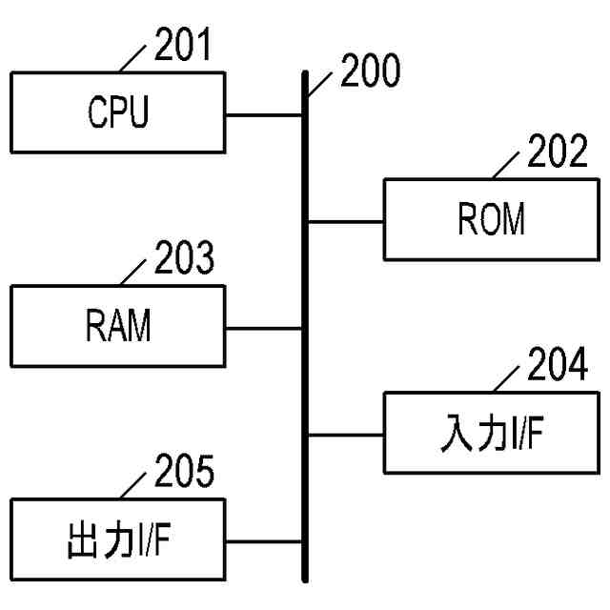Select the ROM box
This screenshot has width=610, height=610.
tap(490, 220)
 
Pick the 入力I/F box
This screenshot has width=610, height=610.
tap(490, 435)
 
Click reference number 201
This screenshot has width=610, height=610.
tap(182, 47)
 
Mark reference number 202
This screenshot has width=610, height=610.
tap(557, 152)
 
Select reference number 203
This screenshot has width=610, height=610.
tap(182, 259)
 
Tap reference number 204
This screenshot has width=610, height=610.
tap(557, 367)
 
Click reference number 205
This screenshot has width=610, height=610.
tap(182, 473)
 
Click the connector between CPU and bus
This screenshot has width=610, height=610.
tap(264, 115)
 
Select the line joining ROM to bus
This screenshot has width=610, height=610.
tap(345, 221)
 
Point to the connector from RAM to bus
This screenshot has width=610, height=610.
tap(264, 328)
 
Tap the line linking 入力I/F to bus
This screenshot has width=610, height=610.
tap(345, 435)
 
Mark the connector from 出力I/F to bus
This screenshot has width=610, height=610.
tap(264, 541)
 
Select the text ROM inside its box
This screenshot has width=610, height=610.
tap(491, 220)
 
